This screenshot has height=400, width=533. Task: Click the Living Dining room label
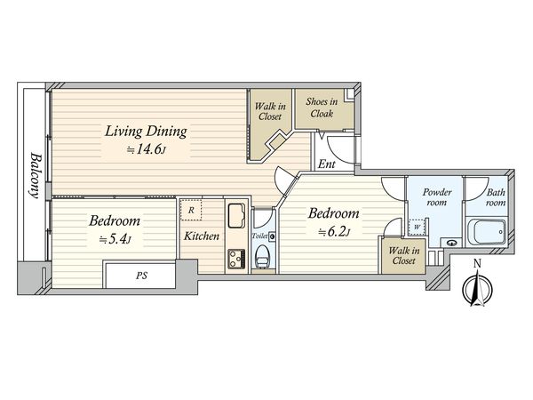pyautogui.click(x=146, y=132)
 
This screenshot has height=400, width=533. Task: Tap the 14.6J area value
pyautogui.click(x=146, y=149)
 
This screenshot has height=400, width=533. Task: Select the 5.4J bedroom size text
pyautogui.click(x=115, y=239)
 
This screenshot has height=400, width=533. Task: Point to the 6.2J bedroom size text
pyautogui.click(x=334, y=232)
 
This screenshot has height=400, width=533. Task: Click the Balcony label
pyautogui.click(x=36, y=175)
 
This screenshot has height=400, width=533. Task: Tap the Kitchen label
pyautogui.click(x=202, y=236)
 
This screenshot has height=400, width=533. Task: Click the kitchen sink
pyautogui.click(x=236, y=216)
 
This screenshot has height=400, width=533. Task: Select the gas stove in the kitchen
pyautogui.click(x=236, y=260)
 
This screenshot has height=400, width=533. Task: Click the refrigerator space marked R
pyautogui.click(x=191, y=210)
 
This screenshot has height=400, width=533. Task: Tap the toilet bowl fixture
pyautogui.click(x=262, y=257)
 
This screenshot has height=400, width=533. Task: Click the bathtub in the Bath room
pyautogui.click(x=487, y=232)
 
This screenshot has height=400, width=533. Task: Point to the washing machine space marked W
pyautogui.click(x=418, y=227)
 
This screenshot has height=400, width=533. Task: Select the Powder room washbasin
pyautogui.click(x=451, y=243)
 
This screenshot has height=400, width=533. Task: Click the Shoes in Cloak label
pyautogui.click(x=322, y=108)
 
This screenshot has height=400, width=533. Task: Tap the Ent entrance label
pyautogui.click(x=326, y=164)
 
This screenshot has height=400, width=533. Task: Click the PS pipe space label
pyautogui.click(x=142, y=276)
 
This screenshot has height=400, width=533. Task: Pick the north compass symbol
pyautogui.click(x=477, y=286)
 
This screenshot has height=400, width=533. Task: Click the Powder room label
pyautogui.click(x=437, y=197)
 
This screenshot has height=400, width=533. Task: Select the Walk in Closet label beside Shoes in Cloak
pyautogui.click(x=270, y=112)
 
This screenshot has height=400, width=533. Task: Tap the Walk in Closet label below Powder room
pyautogui.click(x=404, y=256)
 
